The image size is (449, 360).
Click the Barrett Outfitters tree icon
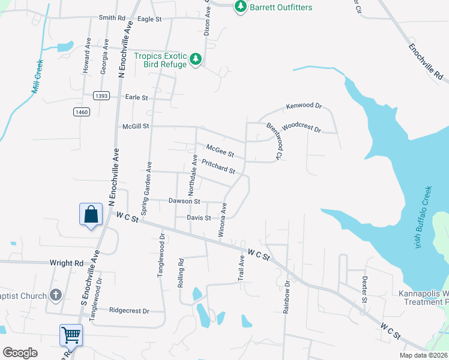pyautogui.click(x=241, y=6)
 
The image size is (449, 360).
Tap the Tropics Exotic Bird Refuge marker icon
pyautogui.click(x=195, y=59)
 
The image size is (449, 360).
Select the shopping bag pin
pyautogui.click(x=90, y=215)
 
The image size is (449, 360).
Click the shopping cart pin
pyautogui.click(x=71, y=335)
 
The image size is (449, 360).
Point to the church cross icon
pyautogui.click(x=56, y=295)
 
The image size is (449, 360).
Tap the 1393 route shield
pyautogui.click(x=101, y=95)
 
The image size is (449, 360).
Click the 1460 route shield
pyautogui.click(x=82, y=112)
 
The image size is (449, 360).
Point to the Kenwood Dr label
pyautogui.click(x=304, y=106)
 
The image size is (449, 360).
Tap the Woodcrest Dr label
pyautogui.click(x=301, y=128)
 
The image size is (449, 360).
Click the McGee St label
pyautogui.click(x=220, y=150)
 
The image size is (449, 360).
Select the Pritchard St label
pyautogui.click(x=218, y=166)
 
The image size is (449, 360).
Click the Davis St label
pyautogui.click(x=199, y=218)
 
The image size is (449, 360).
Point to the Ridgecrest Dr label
pyautogui.click(x=128, y=310)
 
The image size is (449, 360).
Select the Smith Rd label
pyautogui.click(x=112, y=18)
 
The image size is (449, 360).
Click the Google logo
pyautogui.click(x=20, y=352)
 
